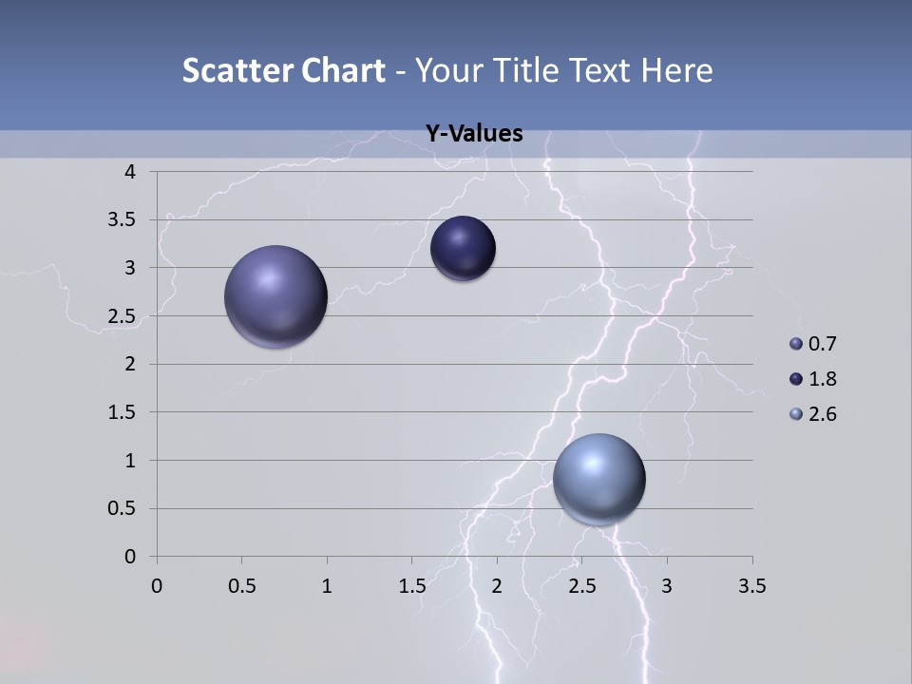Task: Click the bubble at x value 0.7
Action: coord(275,296)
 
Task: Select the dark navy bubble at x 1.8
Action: coord(463,248)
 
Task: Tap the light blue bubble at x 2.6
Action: coord(598,479)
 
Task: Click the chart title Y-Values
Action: coord(473,134)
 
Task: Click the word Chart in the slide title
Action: coord(344,70)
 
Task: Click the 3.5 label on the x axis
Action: coord(752,586)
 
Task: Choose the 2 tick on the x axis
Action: coord(497,586)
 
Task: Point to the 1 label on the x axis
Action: coord(327,586)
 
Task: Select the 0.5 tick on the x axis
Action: coord(242,586)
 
